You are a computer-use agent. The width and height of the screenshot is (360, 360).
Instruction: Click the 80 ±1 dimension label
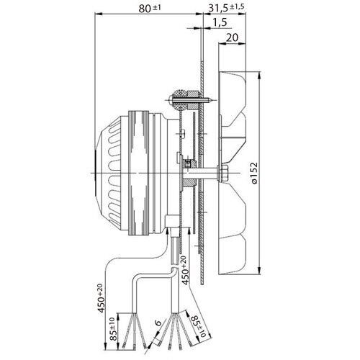150,9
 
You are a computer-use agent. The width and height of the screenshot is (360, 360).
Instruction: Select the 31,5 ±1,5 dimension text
226,7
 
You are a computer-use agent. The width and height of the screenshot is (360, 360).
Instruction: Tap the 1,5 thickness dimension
220,22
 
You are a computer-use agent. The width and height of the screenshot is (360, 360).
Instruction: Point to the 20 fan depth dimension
233,37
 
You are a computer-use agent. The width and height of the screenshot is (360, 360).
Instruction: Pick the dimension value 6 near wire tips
158,323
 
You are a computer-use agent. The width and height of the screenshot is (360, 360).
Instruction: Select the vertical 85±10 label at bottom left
114,329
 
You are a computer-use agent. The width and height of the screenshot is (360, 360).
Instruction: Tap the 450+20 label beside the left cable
101,298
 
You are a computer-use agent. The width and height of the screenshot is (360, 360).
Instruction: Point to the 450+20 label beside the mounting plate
185,270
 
